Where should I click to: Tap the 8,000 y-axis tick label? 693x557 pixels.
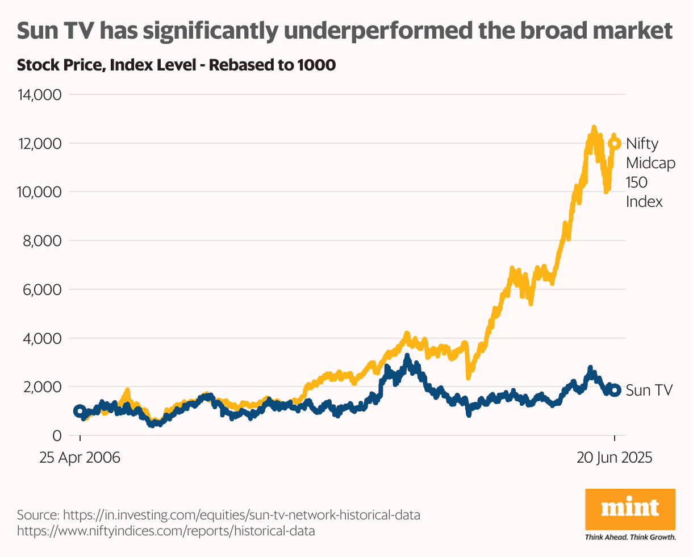click(x=43, y=241)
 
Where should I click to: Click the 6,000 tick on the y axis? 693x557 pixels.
click(x=43, y=290)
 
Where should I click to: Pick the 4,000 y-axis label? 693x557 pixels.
click(x=43, y=339)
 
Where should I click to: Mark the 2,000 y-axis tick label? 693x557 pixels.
click(x=43, y=388)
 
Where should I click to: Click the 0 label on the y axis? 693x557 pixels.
click(x=57, y=436)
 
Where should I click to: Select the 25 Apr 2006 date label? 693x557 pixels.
click(x=80, y=458)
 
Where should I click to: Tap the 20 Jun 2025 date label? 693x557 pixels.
click(x=615, y=458)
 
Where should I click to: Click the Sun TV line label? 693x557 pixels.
click(x=649, y=390)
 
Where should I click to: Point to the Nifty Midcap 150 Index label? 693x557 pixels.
click(x=650, y=172)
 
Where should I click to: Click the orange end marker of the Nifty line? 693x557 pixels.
click(x=614, y=143)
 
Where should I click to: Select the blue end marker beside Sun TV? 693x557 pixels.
click(x=614, y=391)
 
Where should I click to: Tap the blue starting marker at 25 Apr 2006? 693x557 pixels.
click(x=80, y=411)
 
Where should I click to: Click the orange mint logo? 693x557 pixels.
click(x=630, y=508)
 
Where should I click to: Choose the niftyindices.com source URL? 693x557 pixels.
click(x=166, y=531)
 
